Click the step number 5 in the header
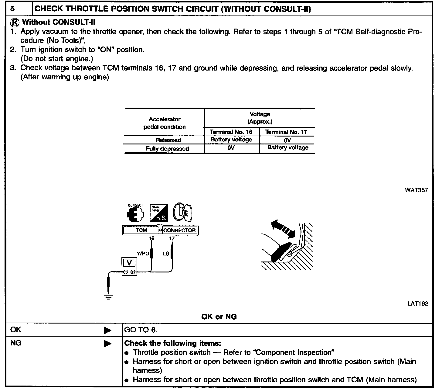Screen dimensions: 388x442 click(12, 9)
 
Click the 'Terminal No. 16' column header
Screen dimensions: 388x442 click(231, 132)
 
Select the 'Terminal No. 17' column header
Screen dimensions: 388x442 click(286, 132)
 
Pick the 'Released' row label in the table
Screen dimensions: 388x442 click(168, 140)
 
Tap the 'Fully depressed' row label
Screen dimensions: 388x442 click(167, 149)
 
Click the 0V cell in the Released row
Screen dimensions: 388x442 click(287, 140)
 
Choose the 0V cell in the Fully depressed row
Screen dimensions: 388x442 click(231, 148)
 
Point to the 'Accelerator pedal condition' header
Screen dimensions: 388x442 click(165, 123)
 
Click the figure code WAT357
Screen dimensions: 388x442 click(416, 190)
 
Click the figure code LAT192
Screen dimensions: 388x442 click(418, 303)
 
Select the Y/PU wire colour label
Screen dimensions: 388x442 click(143, 254)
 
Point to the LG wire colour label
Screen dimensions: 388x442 click(166, 254)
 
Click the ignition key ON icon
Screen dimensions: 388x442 click(183, 212)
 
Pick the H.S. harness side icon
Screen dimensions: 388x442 click(159, 213)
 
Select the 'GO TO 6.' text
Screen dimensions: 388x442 click(141, 330)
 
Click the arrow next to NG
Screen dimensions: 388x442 click(107, 344)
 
